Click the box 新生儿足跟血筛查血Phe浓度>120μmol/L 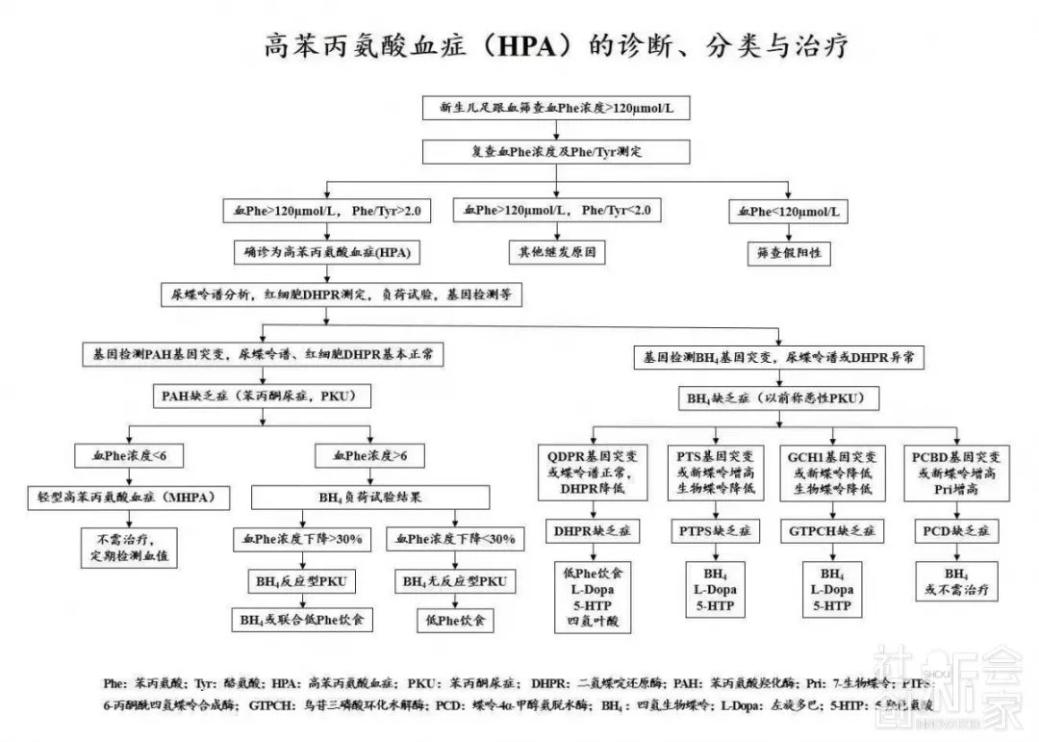point(557,108)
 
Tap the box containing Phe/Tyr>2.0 point(326,210)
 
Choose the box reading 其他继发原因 point(557,253)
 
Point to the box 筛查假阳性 point(788,253)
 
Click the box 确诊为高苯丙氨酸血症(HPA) point(326,253)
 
